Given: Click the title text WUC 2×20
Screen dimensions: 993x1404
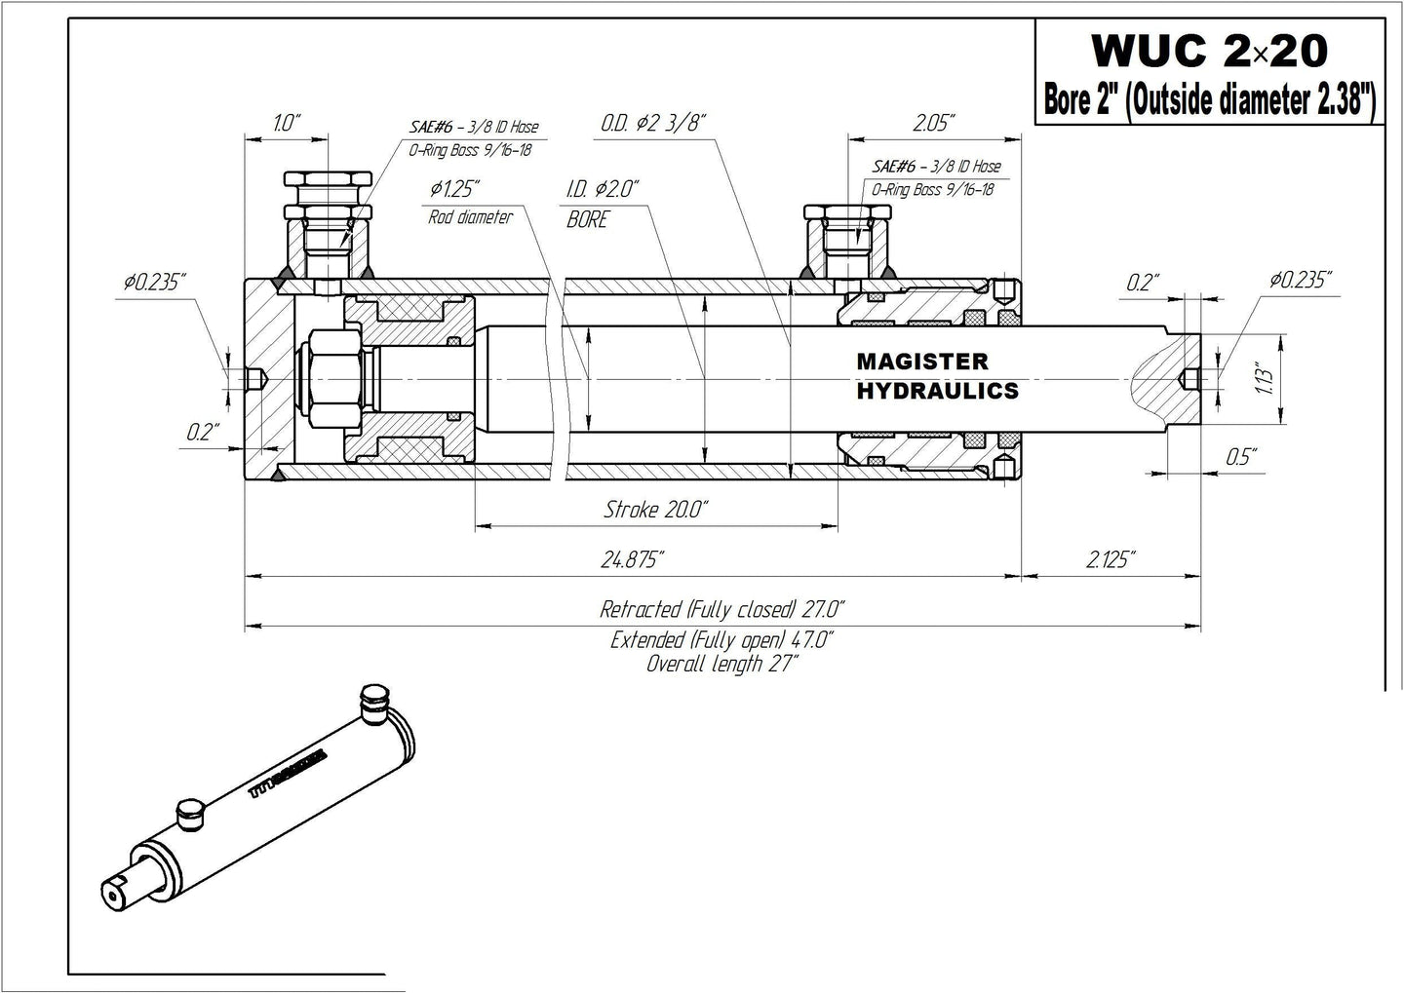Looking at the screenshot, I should click(x=1209, y=49).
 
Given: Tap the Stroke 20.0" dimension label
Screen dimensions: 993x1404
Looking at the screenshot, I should click(x=655, y=509).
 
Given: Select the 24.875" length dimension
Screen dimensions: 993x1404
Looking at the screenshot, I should click(x=633, y=559).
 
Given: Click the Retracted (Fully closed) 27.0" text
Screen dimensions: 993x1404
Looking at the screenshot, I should click(x=721, y=610).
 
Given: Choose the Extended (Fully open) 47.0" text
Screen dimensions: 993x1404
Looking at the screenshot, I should click(x=721, y=640).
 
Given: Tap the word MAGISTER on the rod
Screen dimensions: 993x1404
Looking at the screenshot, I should click(x=921, y=362).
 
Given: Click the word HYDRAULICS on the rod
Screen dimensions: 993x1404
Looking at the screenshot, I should click(x=937, y=391).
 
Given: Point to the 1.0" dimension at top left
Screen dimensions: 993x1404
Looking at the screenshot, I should click(x=287, y=123).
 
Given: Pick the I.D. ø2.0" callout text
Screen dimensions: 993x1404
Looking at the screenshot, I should click(x=602, y=188).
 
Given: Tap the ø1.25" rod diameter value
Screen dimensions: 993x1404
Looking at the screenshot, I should click(x=454, y=188).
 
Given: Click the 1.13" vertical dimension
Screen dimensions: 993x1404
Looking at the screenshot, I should click(x=1266, y=378).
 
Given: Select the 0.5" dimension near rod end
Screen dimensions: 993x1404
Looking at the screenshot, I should click(x=1240, y=456).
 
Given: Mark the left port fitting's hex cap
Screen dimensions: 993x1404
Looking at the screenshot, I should click(x=327, y=181).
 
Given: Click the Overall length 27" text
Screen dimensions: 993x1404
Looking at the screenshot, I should click(x=721, y=665).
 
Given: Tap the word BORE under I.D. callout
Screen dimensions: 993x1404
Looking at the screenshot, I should click(x=587, y=220).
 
